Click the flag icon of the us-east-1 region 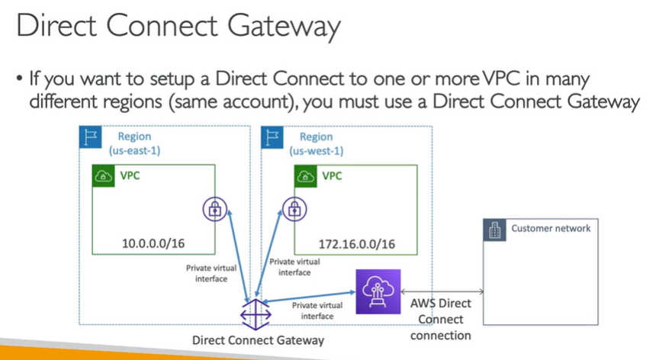click(88, 137)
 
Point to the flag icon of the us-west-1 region click(271, 137)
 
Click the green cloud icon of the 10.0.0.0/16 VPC click(102, 177)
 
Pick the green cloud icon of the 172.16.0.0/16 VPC click(305, 177)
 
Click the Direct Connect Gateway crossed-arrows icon click(251, 313)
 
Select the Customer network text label click(551, 228)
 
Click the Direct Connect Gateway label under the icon click(259, 340)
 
